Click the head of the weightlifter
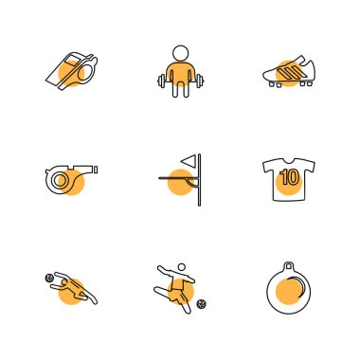[x=181, y=53]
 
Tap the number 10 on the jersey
[x=289, y=177]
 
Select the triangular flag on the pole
[x=189, y=160]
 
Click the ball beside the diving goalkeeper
[x=49, y=279]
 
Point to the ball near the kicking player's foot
[x=202, y=304]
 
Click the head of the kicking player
[x=182, y=267]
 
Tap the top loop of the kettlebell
[x=289, y=266]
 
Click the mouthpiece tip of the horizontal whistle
[x=96, y=170]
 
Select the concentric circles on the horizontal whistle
[x=60, y=180]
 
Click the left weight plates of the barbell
[x=162, y=81]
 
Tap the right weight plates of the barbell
[x=200, y=81]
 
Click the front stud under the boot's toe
[x=272, y=84]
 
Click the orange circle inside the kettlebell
[x=288, y=292]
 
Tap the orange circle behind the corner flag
[x=180, y=182]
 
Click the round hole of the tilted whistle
[x=86, y=73]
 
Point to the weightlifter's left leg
[x=176, y=89]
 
